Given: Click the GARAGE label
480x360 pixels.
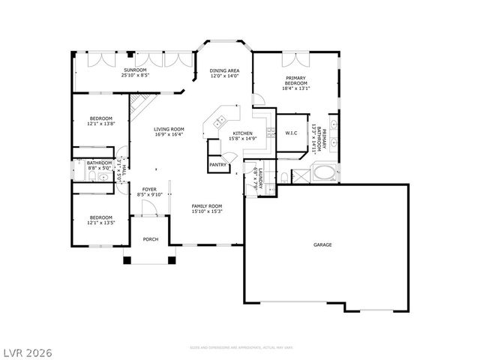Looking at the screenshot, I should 322,244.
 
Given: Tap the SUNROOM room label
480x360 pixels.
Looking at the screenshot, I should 136,69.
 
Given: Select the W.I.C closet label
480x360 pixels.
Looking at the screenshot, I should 292,133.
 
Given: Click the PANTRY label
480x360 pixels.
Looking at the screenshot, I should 217,164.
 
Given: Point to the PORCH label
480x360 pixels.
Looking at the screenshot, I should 151,240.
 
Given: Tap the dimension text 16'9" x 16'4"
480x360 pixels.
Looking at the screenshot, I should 169,134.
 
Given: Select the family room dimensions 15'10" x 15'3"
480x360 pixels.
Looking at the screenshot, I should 206,211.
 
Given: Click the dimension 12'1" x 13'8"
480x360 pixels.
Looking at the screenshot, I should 101,124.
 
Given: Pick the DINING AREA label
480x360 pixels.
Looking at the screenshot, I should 223,70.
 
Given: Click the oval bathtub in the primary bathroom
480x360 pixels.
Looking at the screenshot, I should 324,174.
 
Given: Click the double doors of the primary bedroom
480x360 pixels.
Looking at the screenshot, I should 292,60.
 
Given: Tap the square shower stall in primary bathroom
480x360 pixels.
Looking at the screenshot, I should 301,176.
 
